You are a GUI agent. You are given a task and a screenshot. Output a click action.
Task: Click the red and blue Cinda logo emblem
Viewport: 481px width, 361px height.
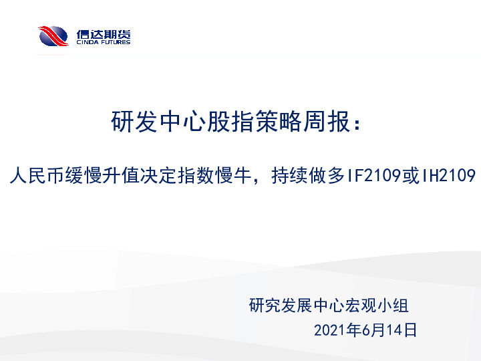pyautogui.click(x=53, y=35)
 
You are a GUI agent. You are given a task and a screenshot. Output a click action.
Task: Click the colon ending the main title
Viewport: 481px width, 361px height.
pyautogui.click(x=361, y=124)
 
